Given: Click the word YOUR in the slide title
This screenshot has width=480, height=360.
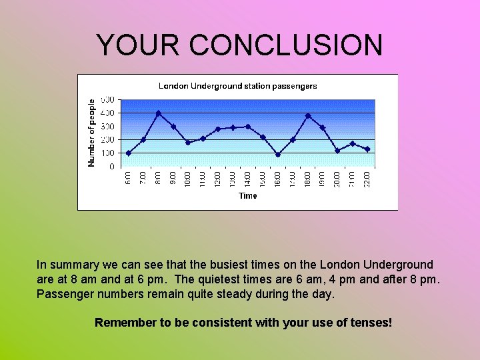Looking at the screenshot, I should click(138, 45).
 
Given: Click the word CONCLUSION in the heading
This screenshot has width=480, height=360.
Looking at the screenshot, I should click(286, 45).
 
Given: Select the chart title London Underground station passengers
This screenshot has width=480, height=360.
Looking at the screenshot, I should click(237, 86).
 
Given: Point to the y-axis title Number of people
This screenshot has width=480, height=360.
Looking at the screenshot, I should click(92, 132).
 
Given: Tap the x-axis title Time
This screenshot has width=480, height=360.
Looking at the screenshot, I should click(248, 195).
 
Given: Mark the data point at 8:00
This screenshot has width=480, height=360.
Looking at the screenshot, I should click(158, 113).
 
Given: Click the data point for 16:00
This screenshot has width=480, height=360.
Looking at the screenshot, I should click(277, 155).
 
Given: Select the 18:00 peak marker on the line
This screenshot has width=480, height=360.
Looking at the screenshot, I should click(307, 116).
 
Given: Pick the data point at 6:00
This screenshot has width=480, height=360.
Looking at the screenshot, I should click(129, 153).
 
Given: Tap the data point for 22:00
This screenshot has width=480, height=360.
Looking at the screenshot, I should click(367, 149).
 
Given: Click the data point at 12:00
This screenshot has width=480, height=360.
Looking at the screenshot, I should click(218, 129).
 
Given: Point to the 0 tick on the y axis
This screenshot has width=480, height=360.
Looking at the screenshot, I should click(111, 167).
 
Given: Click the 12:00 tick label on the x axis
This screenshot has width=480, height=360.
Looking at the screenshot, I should click(218, 179).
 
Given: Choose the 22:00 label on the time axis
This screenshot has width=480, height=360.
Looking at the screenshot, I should click(367, 179).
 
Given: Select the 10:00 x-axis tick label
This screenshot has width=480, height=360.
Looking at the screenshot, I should click(188, 179).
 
